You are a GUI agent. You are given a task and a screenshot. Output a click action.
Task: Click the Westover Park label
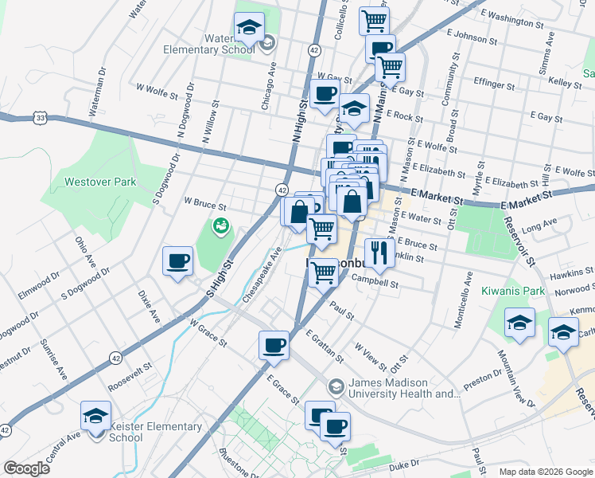(x=100, y=182)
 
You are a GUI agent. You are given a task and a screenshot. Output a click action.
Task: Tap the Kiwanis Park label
(x=513, y=291)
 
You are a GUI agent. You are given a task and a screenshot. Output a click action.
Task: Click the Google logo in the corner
(x=26, y=468)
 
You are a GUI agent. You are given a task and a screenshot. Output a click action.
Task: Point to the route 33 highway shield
(x=40, y=117)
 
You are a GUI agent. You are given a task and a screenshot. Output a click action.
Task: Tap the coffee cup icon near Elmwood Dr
(x=177, y=261)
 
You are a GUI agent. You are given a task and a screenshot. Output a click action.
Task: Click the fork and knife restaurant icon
(x=379, y=253)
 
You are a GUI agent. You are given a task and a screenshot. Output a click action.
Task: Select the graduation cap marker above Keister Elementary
(x=95, y=416)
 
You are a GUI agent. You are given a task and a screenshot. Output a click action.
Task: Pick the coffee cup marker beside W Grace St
(x=274, y=345)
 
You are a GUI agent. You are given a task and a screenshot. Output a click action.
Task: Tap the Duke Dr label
(x=404, y=463)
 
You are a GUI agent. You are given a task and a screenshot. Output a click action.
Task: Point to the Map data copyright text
(x=545, y=471)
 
